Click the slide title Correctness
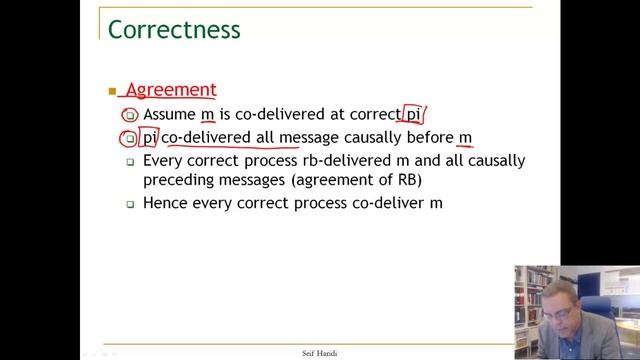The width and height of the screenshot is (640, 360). (174, 28)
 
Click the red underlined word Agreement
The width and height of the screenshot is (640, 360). (171, 90)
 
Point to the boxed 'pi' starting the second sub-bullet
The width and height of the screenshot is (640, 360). (150, 137)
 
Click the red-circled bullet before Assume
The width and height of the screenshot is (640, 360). (130, 115)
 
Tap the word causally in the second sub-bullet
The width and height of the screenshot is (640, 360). (370, 137)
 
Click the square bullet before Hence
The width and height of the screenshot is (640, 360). (130, 204)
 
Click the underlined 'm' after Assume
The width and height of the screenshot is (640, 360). (208, 114)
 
